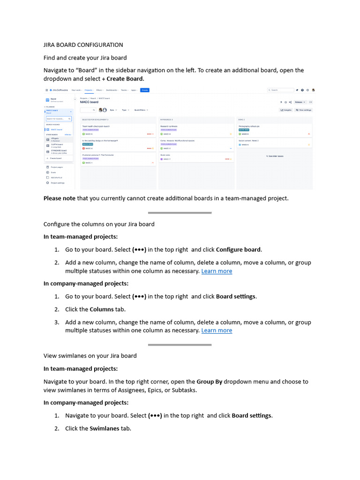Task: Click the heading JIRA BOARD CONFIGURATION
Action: [x=83, y=45]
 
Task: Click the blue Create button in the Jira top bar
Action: [x=145, y=90]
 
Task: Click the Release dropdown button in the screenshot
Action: [x=300, y=102]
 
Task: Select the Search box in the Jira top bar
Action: [x=279, y=90]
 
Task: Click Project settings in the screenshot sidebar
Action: [x=57, y=183]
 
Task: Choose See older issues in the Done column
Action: [x=275, y=156]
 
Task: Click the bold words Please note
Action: [x=60, y=198]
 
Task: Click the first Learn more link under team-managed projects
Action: [x=217, y=271]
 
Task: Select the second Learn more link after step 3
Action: [x=217, y=330]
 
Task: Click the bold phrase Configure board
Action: [x=239, y=249]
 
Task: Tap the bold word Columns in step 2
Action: [x=102, y=309]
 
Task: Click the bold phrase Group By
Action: [x=210, y=382]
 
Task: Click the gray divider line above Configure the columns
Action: [x=180, y=213]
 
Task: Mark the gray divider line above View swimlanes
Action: [x=180, y=345]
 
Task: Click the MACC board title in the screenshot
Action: [x=89, y=102]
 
